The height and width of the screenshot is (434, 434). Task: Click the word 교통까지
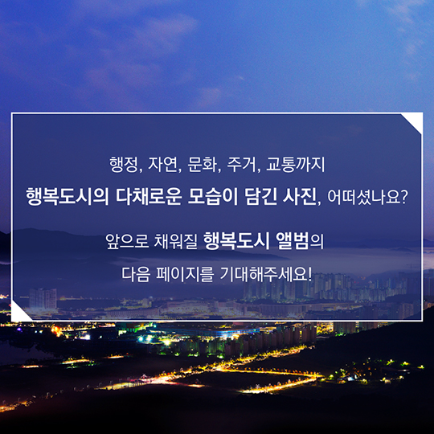[295, 165]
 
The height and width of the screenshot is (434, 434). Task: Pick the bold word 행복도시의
[68, 197]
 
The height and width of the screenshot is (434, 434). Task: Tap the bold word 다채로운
[149, 197]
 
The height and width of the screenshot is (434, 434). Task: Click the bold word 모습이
[213, 197]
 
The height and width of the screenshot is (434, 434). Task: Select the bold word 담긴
[260, 197]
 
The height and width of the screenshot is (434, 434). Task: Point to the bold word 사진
[300, 197]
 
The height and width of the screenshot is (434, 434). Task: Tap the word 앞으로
[127, 241]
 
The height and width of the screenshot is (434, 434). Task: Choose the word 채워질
[176, 241]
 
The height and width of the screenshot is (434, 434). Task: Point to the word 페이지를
[185, 274]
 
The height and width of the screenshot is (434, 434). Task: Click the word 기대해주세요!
[266, 274]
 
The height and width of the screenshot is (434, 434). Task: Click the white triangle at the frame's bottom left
[18, 313]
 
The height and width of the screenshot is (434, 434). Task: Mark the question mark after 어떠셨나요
[404, 197]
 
